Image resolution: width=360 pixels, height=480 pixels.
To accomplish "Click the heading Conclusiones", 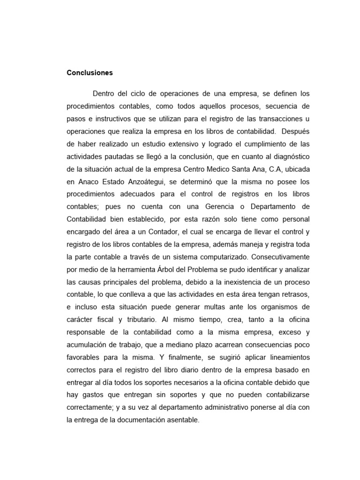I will coord(90,73).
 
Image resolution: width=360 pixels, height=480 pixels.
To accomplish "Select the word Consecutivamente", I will coord(282,257).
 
